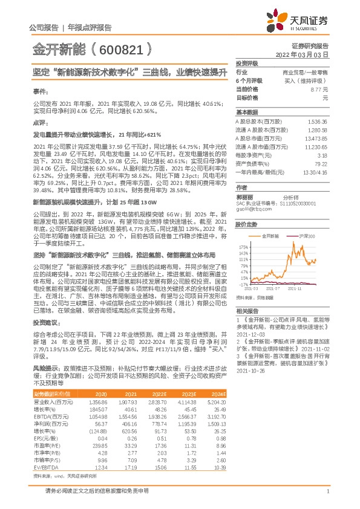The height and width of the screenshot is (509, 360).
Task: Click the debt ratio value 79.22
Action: point(321,163)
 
